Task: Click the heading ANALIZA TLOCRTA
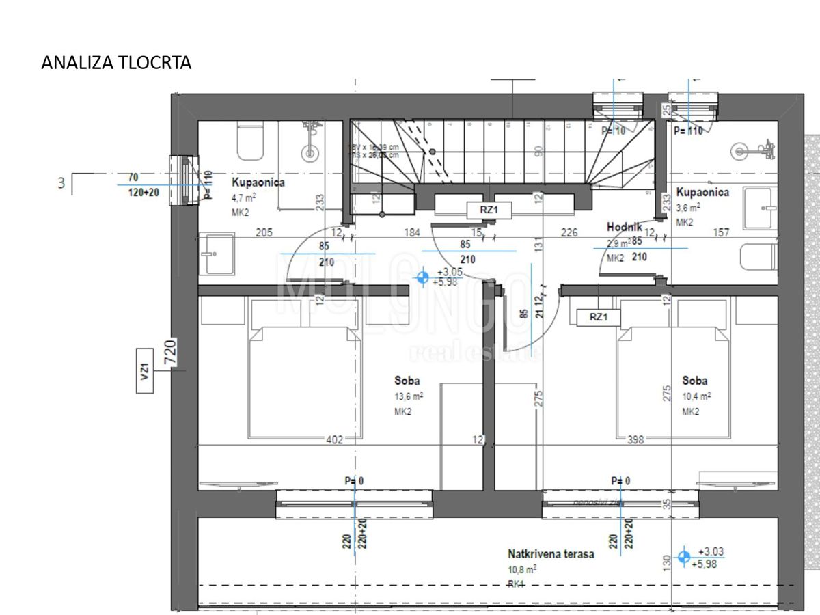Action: coord(116,63)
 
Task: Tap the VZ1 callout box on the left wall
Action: coord(145,372)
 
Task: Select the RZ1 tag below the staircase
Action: coord(488,210)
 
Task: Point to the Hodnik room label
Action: coord(623,227)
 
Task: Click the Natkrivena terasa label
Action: coord(551,553)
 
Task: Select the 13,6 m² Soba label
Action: coord(407,381)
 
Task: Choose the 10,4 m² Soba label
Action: coord(695,381)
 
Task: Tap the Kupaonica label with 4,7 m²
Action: coord(258,183)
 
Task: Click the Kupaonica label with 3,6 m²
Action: coord(702,192)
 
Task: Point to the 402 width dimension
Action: coord(334,439)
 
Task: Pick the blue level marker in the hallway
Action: coord(422,277)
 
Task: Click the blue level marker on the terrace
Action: coord(683,558)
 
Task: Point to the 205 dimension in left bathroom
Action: coord(264,233)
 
